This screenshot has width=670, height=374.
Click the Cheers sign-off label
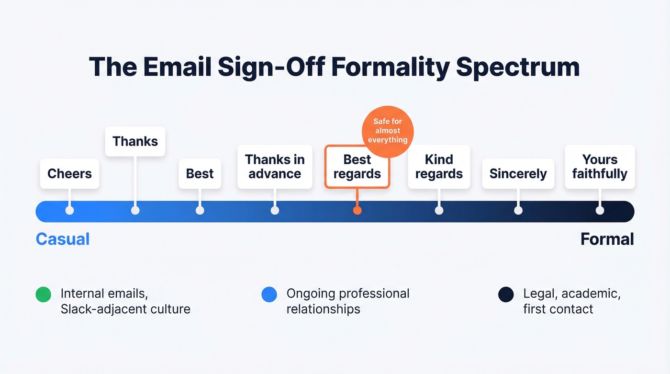pyautogui.click(x=69, y=173)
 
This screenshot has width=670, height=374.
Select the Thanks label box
pyautogui.click(x=135, y=141)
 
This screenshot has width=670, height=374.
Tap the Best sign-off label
pyautogui.click(x=200, y=173)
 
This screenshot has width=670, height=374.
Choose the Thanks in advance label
pyautogui.click(x=275, y=166)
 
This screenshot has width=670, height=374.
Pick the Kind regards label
pyautogui.click(x=439, y=166)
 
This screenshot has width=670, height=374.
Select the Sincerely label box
pyautogui.click(x=518, y=173)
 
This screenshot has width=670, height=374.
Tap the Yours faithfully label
pyautogui.click(x=600, y=166)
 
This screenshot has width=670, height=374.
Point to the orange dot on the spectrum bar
pyautogui.click(x=357, y=211)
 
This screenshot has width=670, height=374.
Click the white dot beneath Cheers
pyautogui.click(x=69, y=211)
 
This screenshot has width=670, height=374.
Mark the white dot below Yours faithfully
pyautogui.click(x=600, y=211)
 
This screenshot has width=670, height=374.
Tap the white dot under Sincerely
pyautogui.click(x=518, y=211)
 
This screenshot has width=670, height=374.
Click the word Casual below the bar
pyautogui.click(x=63, y=239)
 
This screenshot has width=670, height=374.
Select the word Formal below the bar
pyautogui.click(x=607, y=239)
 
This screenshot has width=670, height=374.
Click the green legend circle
pyautogui.click(x=44, y=295)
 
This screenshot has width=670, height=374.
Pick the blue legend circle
pyautogui.click(x=269, y=295)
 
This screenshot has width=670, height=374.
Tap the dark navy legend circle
pyautogui.click(x=506, y=295)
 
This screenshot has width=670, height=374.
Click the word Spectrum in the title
pyautogui.click(x=518, y=67)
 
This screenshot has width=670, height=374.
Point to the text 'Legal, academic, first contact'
pyautogui.click(x=571, y=301)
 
